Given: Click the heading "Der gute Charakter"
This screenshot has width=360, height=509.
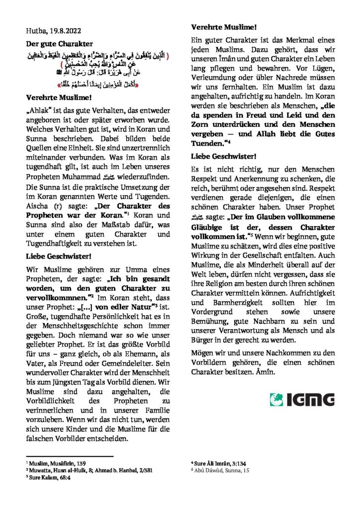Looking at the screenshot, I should coord(59,44).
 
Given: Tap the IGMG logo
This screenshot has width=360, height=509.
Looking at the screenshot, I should coord(302,399).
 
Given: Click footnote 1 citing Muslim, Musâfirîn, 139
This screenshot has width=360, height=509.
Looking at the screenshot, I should coord(55,462).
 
